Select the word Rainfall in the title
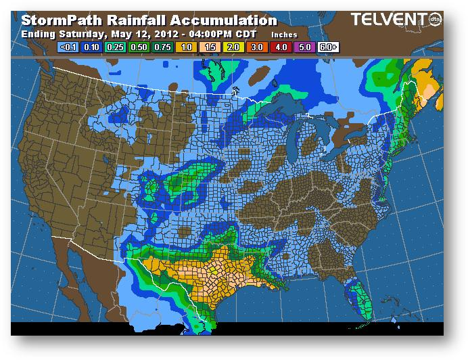coord(130,20)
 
